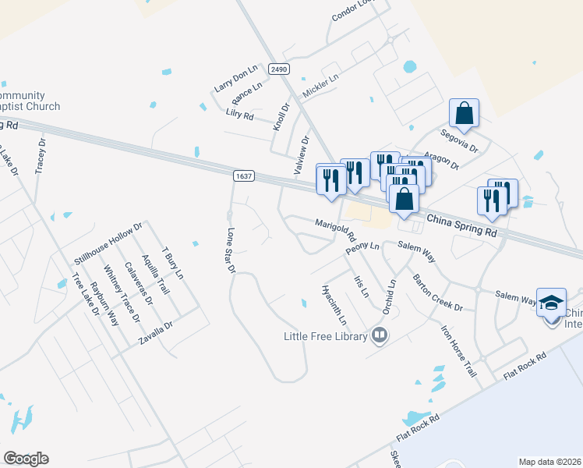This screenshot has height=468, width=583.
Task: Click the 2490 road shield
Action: [278, 69]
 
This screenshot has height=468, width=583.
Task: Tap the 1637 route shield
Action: [243, 176]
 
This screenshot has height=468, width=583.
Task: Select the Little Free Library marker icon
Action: [380, 335]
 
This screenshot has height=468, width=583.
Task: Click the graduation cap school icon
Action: [551, 301]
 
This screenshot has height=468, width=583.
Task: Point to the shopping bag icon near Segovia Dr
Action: [464, 112]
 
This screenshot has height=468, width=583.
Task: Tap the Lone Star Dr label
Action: [230, 250]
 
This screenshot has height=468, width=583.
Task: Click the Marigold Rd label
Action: [335, 230]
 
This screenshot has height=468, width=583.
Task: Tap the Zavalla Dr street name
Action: [155, 333]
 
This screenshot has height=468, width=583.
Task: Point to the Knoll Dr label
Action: [281, 115]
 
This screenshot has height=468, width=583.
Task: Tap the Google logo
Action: [26, 459]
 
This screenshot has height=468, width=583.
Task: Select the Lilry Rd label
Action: [239, 115]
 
